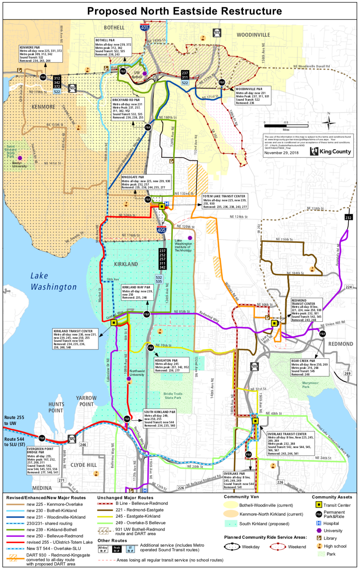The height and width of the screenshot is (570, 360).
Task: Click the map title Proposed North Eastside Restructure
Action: pos(184,11)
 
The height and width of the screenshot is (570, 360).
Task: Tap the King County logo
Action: pos(330,151)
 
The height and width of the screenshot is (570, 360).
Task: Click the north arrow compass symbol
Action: pos(328,123)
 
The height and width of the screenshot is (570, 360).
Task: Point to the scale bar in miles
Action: pos(286,126)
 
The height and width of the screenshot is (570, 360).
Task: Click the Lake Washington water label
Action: pos(53,281)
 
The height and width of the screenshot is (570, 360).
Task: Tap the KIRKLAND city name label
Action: pos(126,264)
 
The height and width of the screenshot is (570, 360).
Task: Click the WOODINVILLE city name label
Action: pos(253,35)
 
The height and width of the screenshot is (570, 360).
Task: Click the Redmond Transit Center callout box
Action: pos(307,310)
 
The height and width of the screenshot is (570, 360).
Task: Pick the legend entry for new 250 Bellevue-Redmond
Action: pos(55,536)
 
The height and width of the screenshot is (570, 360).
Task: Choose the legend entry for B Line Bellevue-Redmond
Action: pos(141,503)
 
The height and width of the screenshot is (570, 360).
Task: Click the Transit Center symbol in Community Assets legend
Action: pos(318,505)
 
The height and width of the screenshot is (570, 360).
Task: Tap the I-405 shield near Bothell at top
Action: pos(144,27)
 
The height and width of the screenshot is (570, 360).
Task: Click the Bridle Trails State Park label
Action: pos(173,396)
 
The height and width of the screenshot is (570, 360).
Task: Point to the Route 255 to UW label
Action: pos(14,420)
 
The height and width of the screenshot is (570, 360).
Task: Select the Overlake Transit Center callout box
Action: pos(290,444)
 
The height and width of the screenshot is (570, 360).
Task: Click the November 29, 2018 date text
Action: pos(281,153)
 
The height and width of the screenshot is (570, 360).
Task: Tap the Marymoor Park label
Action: pos(310,385)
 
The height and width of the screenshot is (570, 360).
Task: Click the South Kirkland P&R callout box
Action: pos(160,419)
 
